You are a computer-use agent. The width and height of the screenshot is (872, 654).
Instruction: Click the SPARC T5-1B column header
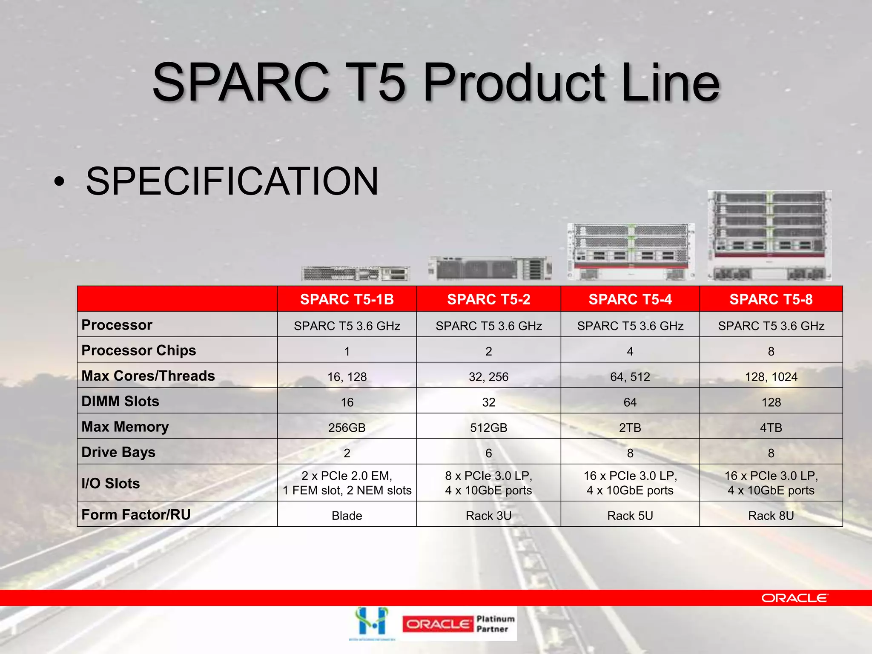347,299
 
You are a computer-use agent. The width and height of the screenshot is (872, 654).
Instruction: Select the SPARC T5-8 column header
771,299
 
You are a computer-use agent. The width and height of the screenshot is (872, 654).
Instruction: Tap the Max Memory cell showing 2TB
630,427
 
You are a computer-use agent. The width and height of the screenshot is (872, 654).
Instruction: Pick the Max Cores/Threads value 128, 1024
771,377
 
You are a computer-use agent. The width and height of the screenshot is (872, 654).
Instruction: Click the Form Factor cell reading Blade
347,516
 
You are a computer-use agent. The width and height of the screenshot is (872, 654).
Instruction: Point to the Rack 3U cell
488,516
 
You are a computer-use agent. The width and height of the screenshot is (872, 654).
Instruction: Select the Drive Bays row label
118,452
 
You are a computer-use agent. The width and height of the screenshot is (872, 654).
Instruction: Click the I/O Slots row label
111,483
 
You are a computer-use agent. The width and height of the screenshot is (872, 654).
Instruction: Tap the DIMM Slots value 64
630,402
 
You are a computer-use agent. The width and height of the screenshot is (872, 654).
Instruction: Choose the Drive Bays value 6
488,453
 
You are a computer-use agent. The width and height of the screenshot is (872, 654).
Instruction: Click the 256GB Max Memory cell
347,427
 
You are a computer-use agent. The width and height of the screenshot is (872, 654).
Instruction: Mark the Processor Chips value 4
630,351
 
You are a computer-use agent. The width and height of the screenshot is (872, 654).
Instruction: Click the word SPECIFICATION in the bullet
232,182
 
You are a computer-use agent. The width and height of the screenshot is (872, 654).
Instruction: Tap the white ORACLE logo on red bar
795,598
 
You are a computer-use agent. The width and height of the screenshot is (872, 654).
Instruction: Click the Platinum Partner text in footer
495,624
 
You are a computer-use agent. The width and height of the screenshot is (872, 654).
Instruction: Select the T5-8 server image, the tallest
769,235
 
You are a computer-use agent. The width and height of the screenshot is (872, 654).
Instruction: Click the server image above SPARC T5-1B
356,273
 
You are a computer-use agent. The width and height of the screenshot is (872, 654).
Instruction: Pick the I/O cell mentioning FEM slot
347,483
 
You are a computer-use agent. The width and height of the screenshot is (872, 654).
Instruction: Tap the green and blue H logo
372,622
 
